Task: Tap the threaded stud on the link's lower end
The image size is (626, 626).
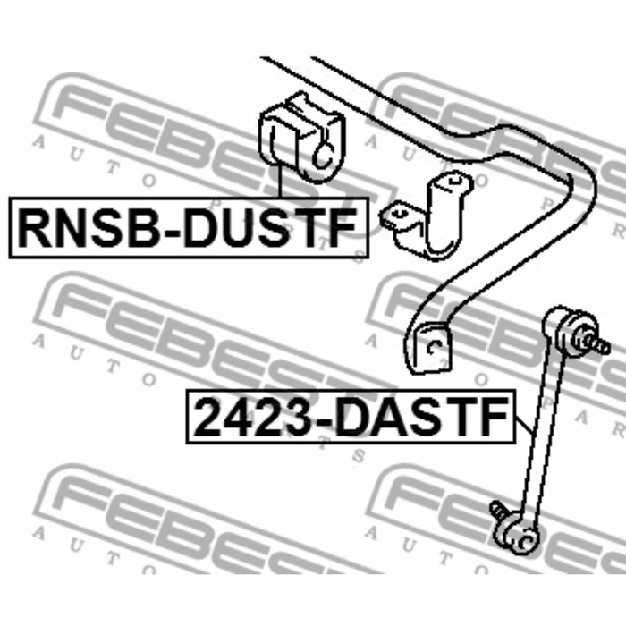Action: (497, 511)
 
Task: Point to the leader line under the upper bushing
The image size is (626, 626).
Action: (280, 182)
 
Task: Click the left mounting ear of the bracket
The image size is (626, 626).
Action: (396, 216)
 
